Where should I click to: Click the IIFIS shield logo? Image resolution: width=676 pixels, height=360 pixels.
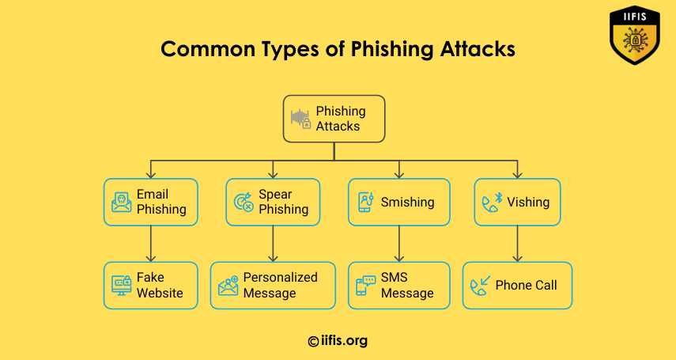point(635,35)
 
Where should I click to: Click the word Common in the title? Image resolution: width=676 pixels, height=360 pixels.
point(208,49)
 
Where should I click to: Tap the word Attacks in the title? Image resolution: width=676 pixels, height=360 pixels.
point(478,49)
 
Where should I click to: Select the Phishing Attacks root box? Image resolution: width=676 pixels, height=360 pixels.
point(334,119)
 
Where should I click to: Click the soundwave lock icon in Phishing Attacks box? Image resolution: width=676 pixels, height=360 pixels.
point(300,119)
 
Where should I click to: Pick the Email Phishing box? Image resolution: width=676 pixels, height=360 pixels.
point(151,202)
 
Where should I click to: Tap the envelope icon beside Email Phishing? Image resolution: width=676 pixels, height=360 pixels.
point(122,203)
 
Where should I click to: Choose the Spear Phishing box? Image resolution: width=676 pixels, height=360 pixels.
point(273,202)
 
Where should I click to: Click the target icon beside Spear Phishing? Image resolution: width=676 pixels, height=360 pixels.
point(244,203)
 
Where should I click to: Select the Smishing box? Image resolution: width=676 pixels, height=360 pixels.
point(399,202)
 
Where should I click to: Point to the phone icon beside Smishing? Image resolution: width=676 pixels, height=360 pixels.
point(366,203)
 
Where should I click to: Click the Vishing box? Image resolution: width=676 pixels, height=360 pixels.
point(517,202)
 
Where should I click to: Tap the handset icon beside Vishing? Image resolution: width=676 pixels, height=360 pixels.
point(493,203)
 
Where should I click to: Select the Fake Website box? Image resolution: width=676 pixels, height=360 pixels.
point(151,286)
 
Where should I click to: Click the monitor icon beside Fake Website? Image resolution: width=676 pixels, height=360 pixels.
point(122,286)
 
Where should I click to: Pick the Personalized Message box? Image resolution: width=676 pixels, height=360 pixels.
point(273,286)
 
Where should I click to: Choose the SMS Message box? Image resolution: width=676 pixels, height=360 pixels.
point(399,286)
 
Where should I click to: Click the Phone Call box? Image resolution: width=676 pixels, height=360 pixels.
point(517,286)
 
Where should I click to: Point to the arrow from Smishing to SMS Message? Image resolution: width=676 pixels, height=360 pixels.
point(399,244)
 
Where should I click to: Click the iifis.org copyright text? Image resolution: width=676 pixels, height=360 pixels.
point(338,341)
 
